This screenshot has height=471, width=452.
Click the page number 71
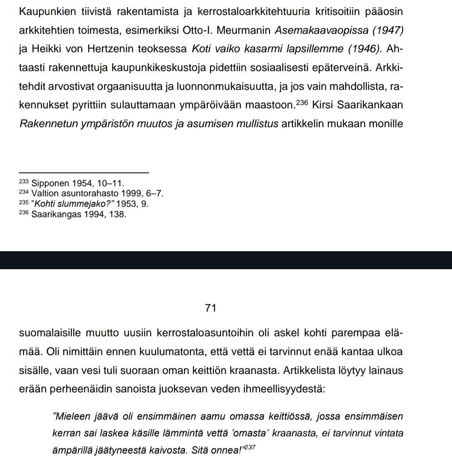211,308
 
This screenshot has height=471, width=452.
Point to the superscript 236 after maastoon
301,102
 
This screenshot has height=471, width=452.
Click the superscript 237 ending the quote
249,447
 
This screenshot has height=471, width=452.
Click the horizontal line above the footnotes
84,172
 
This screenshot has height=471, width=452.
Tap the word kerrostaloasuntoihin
205,333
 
